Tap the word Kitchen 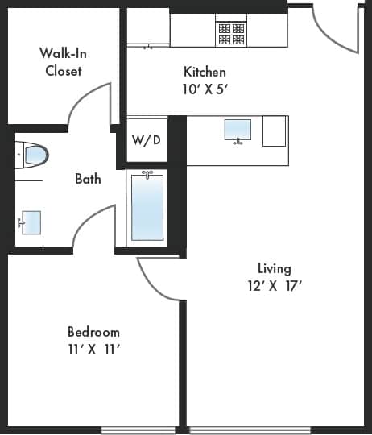pos(205,72)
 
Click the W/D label pos(146,140)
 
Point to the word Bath pos(88,179)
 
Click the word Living pos(274,268)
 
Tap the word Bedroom pos(93,332)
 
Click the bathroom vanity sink pos(31,222)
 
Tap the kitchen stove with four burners pos(231,33)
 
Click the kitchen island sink pos(238,130)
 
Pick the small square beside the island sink pos(275,131)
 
